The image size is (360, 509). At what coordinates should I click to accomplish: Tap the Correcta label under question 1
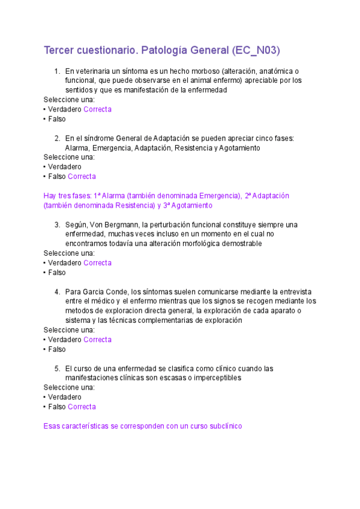coord(97,109)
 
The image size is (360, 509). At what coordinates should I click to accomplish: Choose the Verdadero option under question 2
coord(64,167)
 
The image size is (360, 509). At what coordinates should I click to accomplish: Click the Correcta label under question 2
coord(82,176)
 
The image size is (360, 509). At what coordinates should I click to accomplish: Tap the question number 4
coord(57,292)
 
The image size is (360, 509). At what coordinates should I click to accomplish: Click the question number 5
coord(57,369)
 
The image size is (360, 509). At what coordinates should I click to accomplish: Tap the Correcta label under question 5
coord(82,407)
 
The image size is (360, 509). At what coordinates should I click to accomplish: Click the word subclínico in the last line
coord(223,426)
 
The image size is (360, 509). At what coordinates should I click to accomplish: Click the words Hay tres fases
coord(68,196)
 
